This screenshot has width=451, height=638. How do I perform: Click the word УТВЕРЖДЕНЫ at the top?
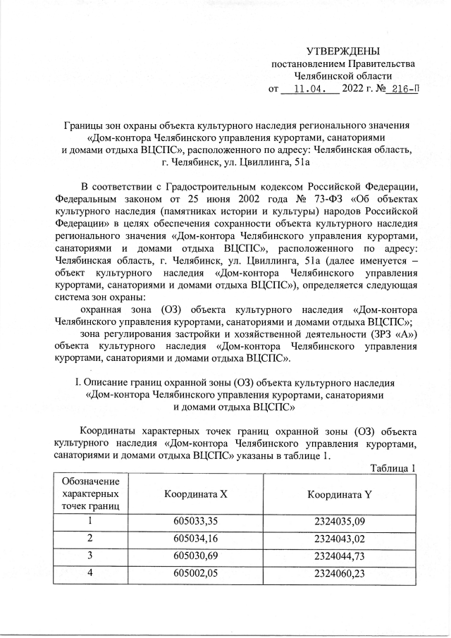point(342,51)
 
